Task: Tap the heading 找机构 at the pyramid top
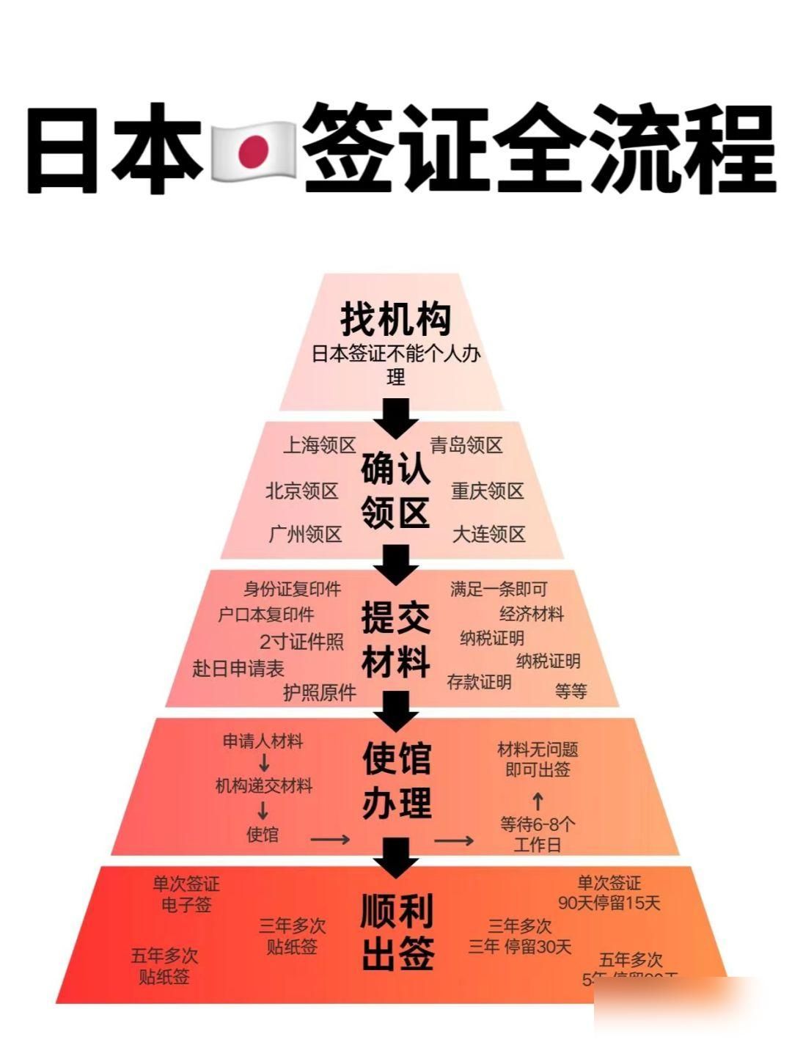tap(396, 319)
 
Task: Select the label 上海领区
tap(320, 445)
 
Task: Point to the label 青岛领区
tap(466, 445)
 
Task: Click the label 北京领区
tap(302, 491)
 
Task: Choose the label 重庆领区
tap(488, 491)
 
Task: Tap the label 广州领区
tap(306, 534)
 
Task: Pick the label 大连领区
tap(489, 534)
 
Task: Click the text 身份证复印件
tap(293, 589)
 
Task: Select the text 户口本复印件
tap(266, 615)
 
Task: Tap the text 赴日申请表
tap(238, 668)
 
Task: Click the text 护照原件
tap(320, 692)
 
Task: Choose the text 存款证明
tap(480, 682)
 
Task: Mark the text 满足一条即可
tap(499, 589)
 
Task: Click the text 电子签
tap(186, 905)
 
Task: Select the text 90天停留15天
tap(609, 903)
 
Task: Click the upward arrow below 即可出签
tap(537, 799)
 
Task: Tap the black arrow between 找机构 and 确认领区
tap(396, 418)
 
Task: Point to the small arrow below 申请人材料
tap(264, 763)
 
